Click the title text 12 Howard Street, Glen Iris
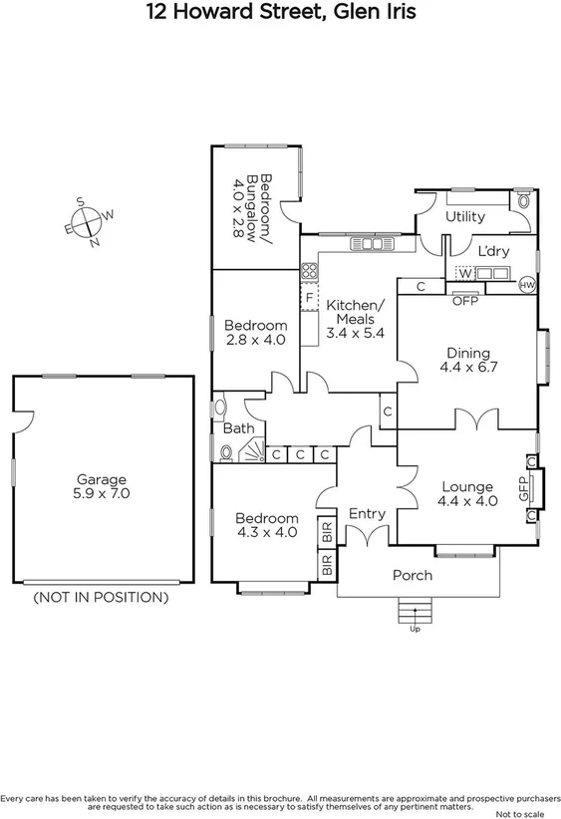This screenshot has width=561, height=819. click(x=280, y=13)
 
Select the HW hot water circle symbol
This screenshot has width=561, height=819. click(x=527, y=285)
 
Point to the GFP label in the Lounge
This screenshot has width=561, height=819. click(x=522, y=488)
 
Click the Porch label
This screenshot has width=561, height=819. click(x=413, y=575)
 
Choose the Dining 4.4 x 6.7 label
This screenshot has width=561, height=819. click(x=467, y=360)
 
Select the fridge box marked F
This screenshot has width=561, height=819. click(x=310, y=296)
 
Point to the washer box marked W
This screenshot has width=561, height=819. click(x=464, y=273)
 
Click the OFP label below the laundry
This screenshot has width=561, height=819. click(x=465, y=300)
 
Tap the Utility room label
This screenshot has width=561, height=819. click(x=464, y=216)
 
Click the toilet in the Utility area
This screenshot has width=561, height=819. click(x=522, y=199)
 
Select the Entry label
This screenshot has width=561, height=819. click(x=367, y=513)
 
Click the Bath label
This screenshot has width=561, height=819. click(x=238, y=428)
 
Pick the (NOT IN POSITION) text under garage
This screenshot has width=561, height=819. click(x=101, y=598)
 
